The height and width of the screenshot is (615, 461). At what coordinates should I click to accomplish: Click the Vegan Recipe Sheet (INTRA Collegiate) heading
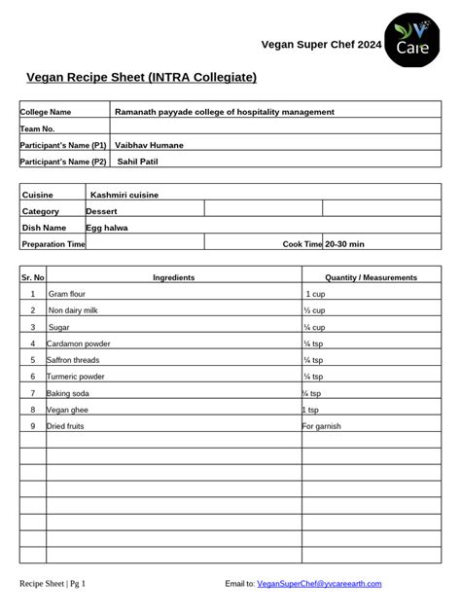pos(141,76)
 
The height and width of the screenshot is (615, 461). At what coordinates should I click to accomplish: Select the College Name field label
pos(46,112)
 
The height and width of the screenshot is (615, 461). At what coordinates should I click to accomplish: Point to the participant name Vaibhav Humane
pos(149,145)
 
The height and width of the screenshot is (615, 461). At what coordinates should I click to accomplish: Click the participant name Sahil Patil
pos(137,162)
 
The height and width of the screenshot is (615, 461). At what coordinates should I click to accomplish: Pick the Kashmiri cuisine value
pos(124,195)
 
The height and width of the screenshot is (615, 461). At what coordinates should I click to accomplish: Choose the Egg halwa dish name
pos(107,227)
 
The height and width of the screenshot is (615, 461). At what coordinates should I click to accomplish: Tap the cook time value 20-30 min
pos(344,243)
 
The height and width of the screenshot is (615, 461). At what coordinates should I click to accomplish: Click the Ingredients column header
pos(173,277)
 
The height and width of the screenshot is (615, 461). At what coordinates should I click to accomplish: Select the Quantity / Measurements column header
pos(371,277)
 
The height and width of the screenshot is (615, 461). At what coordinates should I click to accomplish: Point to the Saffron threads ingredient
pos(73,359)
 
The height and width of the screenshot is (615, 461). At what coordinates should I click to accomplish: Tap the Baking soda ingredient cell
pos(68,393)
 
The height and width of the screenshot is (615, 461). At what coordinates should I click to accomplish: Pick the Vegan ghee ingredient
pos(67,410)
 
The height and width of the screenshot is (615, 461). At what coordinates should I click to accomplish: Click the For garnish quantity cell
pos(322,426)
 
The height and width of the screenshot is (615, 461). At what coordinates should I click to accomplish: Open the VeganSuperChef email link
pos(319,584)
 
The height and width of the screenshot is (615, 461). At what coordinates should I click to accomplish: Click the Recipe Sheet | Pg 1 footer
pos(53,584)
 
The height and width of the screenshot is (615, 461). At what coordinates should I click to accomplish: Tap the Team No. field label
pos(38,128)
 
